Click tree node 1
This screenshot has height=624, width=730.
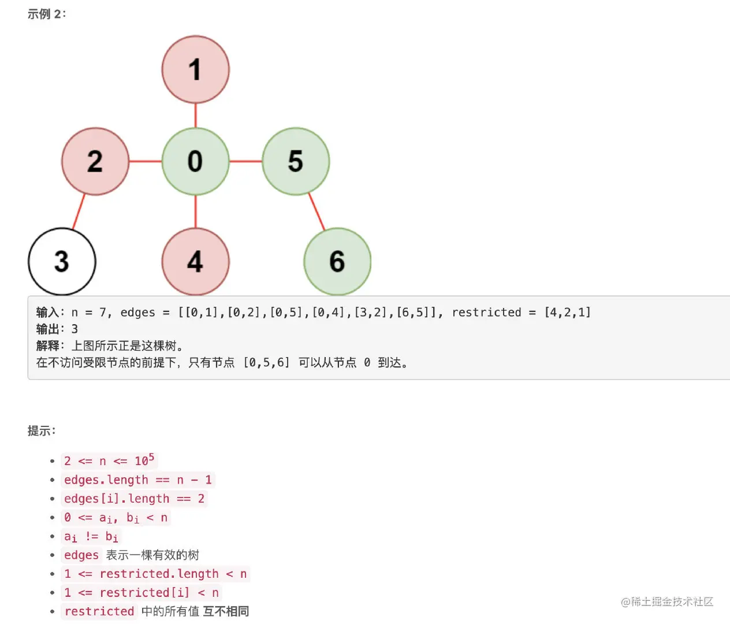tap(195, 69)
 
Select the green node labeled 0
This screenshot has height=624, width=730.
tap(195, 161)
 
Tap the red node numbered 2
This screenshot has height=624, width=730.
tap(95, 161)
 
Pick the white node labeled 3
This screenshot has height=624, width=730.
tap(62, 261)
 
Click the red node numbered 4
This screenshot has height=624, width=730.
tap(195, 261)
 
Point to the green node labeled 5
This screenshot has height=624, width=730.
tap(296, 161)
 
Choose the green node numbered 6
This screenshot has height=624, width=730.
tap(337, 261)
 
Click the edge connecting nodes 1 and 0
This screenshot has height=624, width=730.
tap(195, 115)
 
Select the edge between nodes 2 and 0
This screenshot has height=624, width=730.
tap(145, 161)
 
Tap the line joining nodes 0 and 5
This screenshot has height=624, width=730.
tap(245, 161)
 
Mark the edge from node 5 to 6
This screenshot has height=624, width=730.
tap(316, 211)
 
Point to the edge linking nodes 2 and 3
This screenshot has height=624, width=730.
tap(79, 211)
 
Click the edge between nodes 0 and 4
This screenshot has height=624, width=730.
tap(195, 211)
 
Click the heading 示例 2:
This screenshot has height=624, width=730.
tap(47, 14)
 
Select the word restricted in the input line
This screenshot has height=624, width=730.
tap(486, 313)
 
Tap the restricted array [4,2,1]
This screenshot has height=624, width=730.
tap(568, 313)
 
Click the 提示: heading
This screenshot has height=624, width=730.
tap(42, 430)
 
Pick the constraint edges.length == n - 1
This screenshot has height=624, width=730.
tap(137, 480)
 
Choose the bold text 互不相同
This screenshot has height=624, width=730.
tap(226, 611)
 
